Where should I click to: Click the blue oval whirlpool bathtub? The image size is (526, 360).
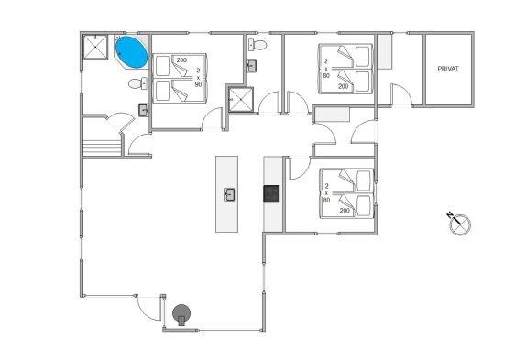click(131, 52)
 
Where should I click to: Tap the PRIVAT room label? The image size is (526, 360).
click(448, 69)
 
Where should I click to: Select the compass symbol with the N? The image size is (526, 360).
click(459, 224)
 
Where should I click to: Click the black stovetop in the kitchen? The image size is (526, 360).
click(271, 194)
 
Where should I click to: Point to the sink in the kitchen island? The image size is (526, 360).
click(229, 194)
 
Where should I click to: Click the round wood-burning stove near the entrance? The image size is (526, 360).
click(181, 314)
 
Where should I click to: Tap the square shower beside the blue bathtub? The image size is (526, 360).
click(95, 47)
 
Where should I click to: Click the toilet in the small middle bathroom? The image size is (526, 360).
click(258, 45)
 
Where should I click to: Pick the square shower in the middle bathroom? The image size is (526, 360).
click(240, 99)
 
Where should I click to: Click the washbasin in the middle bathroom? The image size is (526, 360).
click(251, 65)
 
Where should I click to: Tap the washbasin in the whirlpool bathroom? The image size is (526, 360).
click(143, 110)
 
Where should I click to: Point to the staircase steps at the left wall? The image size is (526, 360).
click(102, 147)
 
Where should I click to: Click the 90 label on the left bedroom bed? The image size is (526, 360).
click(198, 84)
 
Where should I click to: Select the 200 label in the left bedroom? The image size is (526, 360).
click(181, 60)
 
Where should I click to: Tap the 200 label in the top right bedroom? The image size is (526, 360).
click(343, 86)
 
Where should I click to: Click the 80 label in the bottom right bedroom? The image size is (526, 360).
click(326, 200)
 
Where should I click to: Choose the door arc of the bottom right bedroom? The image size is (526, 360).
click(300, 169)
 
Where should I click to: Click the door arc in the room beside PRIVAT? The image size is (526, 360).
click(402, 95)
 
